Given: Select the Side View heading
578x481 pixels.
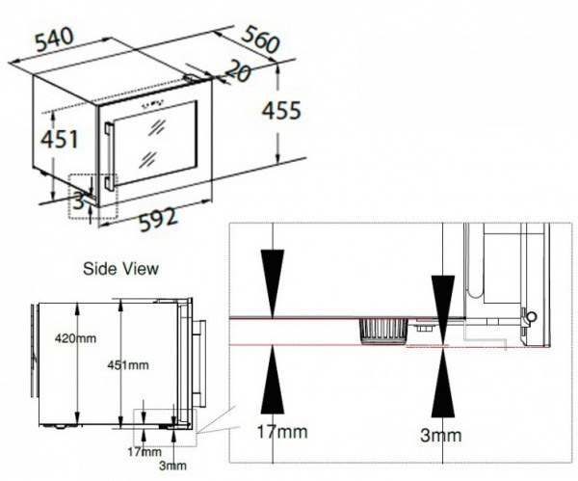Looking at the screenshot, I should [x=120, y=269].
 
